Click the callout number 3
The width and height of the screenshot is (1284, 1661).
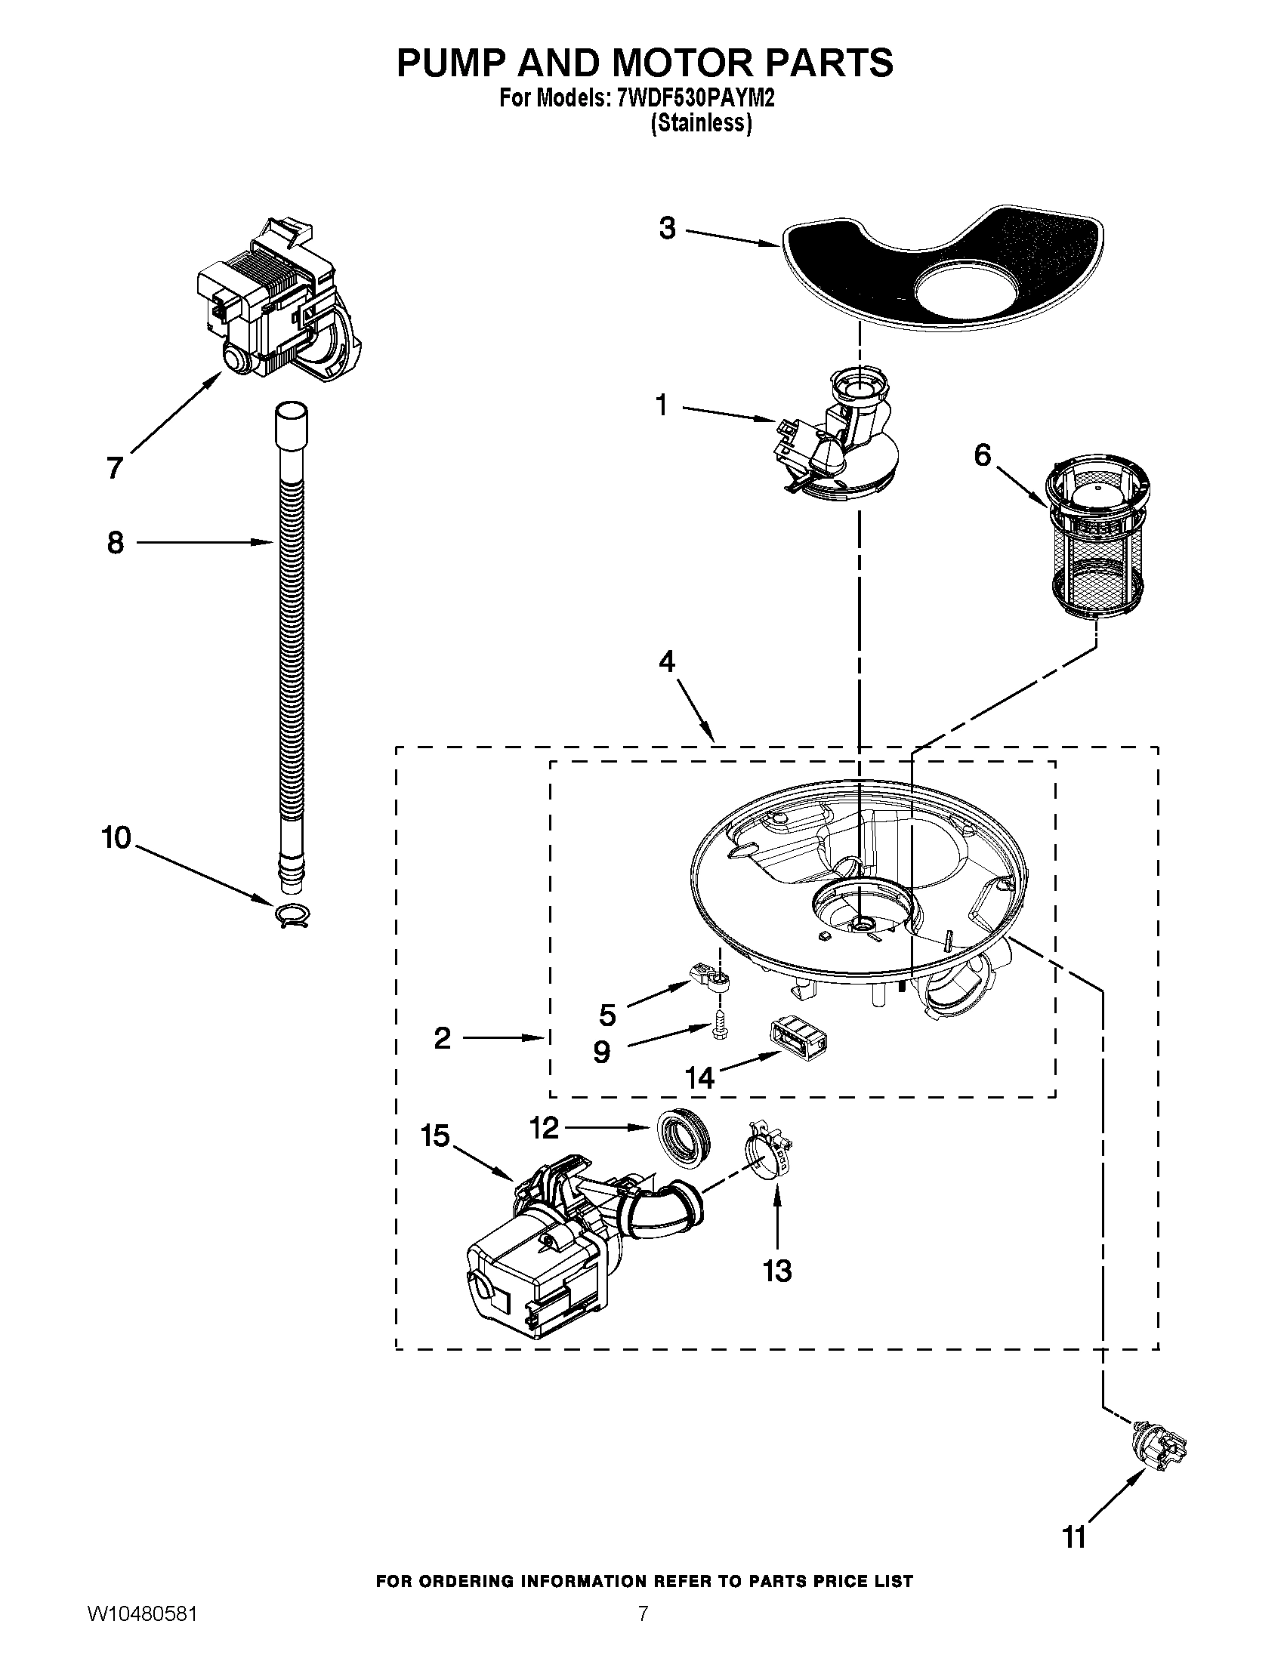[667, 228]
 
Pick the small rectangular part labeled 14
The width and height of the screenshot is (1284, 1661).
[799, 1035]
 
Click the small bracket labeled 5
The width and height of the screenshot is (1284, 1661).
[710, 979]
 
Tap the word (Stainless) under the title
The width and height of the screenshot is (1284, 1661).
[702, 123]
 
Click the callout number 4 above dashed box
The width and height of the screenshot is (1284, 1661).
[666, 661]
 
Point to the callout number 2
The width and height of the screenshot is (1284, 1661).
[443, 1038]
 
